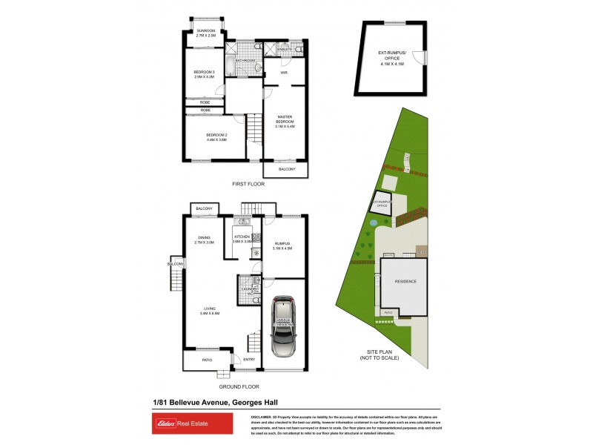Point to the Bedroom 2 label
[216, 136]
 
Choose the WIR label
[283, 73]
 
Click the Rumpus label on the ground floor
[282, 245]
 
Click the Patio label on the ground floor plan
[207, 360]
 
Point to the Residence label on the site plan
[405, 282]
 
